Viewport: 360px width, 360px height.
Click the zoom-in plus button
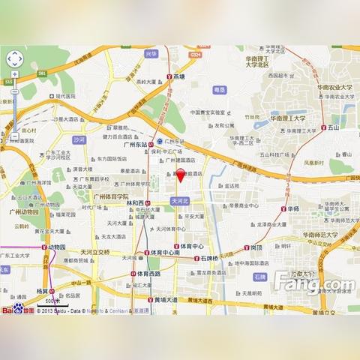(14, 75)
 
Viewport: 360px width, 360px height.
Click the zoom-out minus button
(14, 136)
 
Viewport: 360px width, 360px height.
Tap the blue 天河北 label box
(181, 202)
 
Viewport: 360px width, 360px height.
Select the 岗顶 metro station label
(255, 247)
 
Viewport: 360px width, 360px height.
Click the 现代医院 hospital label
(66, 96)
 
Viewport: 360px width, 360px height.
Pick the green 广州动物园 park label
(24, 211)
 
